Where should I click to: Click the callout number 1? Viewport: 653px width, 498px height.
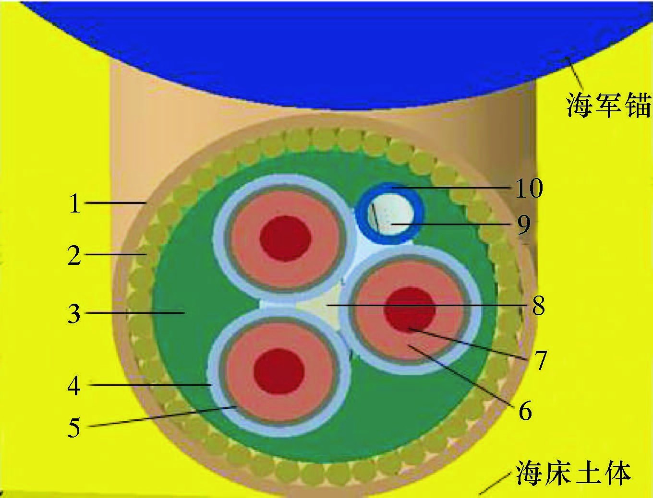pyautogui.click(x=74, y=203)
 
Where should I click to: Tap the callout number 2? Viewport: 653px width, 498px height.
pyautogui.click(x=74, y=255)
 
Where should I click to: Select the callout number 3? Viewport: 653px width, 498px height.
pyautogui.click(x=74, y=314)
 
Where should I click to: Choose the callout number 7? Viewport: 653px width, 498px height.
pyautogui.click(x=541, y=360)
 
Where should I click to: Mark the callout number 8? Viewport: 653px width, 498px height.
pyautogui.click(x=538, y=305)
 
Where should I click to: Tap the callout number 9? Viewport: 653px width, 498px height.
pyautogui.click(x=524, y=225)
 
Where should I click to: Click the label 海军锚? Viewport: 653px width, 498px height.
pyautogui.click(x=607, y=105)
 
